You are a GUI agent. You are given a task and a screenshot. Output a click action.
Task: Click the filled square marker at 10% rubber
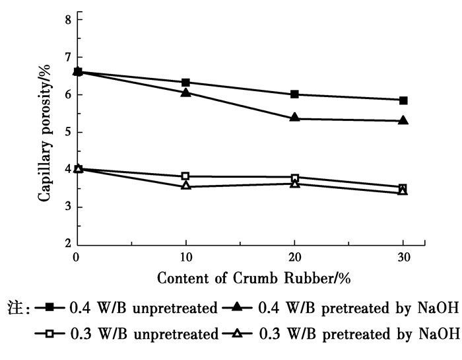[185, 83]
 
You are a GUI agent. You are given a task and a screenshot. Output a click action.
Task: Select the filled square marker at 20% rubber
[294, 94]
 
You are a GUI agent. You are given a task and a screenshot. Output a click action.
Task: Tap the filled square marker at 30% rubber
[403, 100]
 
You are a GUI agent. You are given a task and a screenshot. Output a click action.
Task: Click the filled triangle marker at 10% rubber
[185, 92]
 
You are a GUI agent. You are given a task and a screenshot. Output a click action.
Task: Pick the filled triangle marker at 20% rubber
[294, 118]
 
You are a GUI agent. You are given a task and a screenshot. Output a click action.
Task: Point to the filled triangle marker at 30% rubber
[403, 121]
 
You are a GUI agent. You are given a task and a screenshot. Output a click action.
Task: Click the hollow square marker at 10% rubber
[185, 176]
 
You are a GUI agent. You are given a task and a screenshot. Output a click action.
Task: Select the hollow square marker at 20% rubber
[294, 178]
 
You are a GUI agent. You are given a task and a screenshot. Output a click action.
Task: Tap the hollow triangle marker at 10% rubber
[185, 186]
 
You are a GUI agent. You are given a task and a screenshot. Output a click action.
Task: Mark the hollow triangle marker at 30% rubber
[403, 192]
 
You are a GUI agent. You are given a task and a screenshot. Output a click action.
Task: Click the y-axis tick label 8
[67, 20]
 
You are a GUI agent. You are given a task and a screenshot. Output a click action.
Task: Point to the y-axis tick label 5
[67, 132]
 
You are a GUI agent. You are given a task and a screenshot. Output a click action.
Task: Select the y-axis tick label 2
[67, 244]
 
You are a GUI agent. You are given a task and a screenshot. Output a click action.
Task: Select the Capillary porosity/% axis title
[45, 132]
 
